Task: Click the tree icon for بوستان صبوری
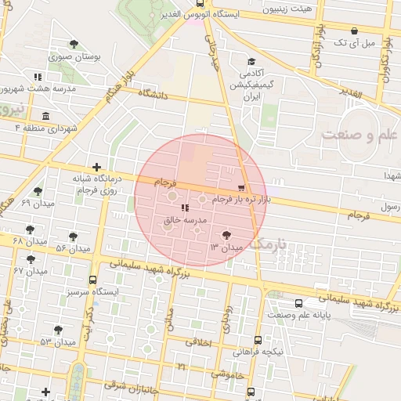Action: (74, 45)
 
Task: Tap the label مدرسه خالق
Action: (185, 221)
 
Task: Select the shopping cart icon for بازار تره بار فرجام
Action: (240, 188)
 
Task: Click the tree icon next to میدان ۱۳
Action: (226, 234)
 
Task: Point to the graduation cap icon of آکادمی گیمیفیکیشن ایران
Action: (251, 63)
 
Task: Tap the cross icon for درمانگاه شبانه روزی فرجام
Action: (96, 167)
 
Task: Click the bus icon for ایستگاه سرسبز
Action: (93, 280)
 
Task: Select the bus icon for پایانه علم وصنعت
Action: (298, 303)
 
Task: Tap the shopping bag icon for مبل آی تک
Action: (354, 31)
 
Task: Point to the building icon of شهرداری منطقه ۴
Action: (45, 117)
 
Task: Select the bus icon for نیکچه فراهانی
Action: (258, 340)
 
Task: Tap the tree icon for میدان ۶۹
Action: (38, 191)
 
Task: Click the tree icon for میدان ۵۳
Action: (58, 330)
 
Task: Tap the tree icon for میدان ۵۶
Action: (73, 236)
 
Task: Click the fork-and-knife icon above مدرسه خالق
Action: (185, 208)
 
